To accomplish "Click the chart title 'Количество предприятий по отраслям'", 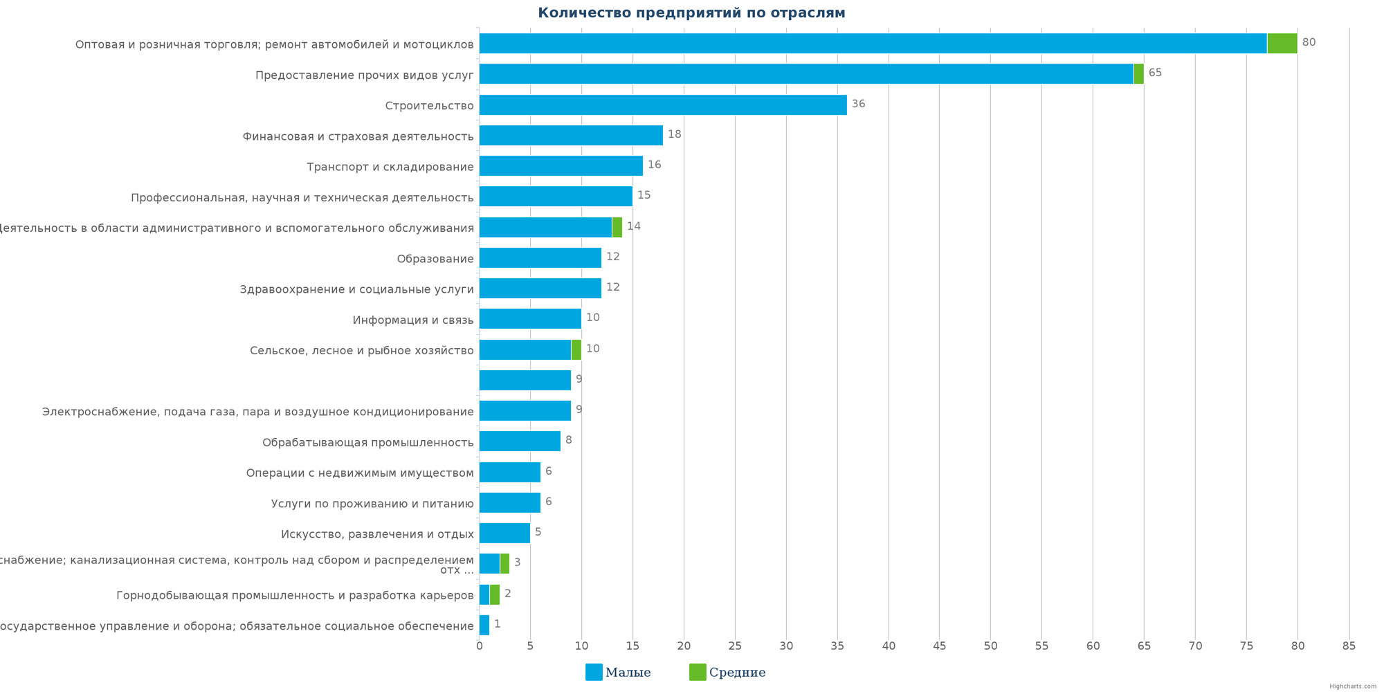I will pos(691,13).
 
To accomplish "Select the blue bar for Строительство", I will pos(662,105).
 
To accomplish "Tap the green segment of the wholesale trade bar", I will pos(1282,44).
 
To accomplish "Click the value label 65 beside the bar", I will pos(1155,73).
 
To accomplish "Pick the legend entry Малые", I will pos(618,672).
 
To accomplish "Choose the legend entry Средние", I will pos(727,672).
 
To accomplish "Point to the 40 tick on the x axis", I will pos(889,646).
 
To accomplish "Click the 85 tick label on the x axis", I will pos(1349,646).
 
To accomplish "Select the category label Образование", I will pos(435,259).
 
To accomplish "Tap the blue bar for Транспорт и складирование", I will pos(561,166).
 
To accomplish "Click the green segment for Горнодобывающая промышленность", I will pos(495,594).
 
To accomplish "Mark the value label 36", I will pos(858,104).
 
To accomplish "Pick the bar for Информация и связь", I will pos(530,319).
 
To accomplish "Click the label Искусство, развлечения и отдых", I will pos(377,534).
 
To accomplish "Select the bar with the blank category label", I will pos(525,380).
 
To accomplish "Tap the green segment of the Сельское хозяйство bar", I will pos(576,349).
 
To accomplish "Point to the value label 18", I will pos(674,134).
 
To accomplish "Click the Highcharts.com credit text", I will pos(1352,686).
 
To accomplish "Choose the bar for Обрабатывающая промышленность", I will pos(520,441).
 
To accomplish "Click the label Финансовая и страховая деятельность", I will pos(358,136).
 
